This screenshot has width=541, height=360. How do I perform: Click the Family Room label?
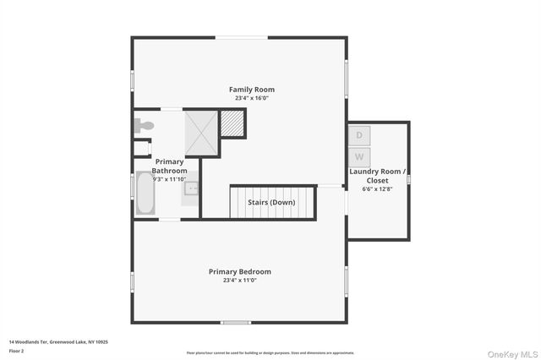coord(252,90)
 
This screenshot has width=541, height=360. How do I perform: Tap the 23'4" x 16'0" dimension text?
coord(252,98)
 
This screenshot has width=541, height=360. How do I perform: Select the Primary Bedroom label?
coord(240,271)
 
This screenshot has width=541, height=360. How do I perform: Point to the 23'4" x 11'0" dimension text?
coord(240,281)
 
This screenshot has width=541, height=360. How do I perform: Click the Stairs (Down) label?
coord(271,203)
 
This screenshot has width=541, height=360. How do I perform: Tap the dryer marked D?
coord(359,135)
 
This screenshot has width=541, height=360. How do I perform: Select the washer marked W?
coord(359,157)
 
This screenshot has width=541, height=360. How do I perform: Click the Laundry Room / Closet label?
coord(378,176)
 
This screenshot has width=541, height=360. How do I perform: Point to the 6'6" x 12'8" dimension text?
coord(378,189)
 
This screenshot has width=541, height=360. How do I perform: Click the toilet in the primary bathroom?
coord(144,126)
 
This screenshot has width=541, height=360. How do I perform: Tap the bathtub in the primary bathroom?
coord(144,195)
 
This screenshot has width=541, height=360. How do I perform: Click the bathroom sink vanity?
coord(191,188)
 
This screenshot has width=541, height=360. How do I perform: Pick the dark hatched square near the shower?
coord(232,124)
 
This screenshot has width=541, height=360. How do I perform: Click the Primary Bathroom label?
coord(168,166)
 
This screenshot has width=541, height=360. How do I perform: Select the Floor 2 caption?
coord(16,350)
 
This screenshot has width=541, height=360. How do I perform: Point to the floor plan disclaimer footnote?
coord(270,352)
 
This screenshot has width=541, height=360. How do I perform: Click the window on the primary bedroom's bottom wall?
coord(236,322)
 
